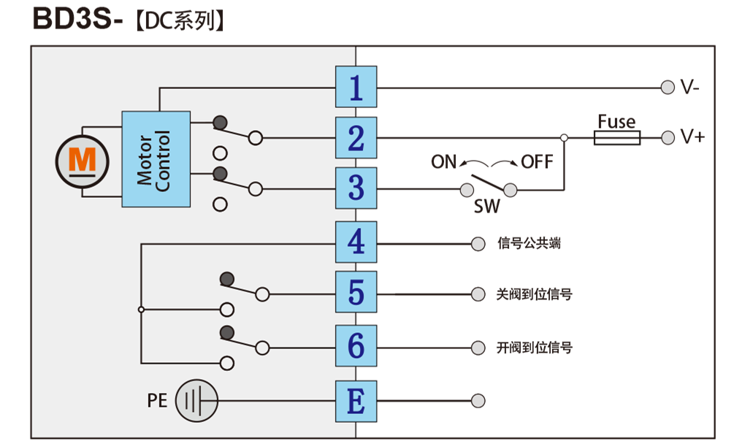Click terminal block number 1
pos(356,87)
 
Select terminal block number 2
pos(356,138)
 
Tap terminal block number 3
pos(356,188)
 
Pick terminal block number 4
pos(356,242)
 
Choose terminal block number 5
pos(356,292)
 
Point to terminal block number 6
pos(356,345)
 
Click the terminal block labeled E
pos(356,401)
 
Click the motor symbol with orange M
pos(83,161)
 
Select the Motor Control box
pos(156,159)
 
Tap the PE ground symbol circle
pos(196,400)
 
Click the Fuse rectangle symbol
pos(617,138)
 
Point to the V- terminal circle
pos(668,88)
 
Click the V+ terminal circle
pos(668,138)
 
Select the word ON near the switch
pos(443,162)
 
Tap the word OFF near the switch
pos(537,162)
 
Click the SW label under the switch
pos(486,207)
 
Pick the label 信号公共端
pos(529,243)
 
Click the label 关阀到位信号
pos(535,294)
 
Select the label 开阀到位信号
pos(535,348)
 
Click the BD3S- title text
pos(78,19)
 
